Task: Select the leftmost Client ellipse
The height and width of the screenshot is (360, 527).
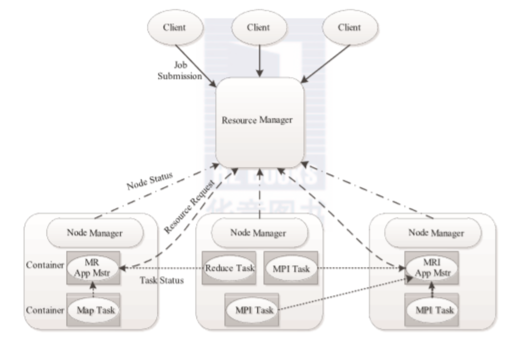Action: (174, 28)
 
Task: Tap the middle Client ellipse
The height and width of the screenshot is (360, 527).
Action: (259, 28)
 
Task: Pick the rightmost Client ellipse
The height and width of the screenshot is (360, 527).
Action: (349, 28)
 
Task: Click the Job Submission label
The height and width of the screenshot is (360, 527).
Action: (180, 71)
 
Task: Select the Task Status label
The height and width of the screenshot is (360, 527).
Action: (162, 280)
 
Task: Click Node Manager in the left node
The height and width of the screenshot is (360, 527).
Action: (95, 233)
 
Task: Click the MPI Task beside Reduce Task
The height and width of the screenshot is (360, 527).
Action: (291, 268)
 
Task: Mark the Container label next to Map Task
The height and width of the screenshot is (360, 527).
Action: (44, 310)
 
